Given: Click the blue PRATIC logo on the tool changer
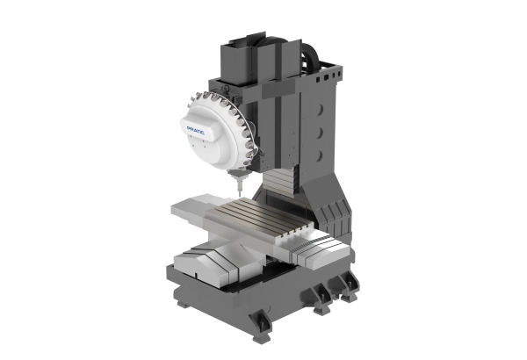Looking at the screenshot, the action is coord(195,131).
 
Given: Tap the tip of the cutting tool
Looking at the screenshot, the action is coord(240,197).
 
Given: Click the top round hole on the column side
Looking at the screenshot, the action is coord(320,110).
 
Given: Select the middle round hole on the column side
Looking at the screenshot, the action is coord(320,133).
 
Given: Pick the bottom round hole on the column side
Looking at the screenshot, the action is coord(320,155).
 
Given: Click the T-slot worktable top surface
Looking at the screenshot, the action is coord(260,216).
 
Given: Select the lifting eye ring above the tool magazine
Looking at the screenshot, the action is coord(226,89).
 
